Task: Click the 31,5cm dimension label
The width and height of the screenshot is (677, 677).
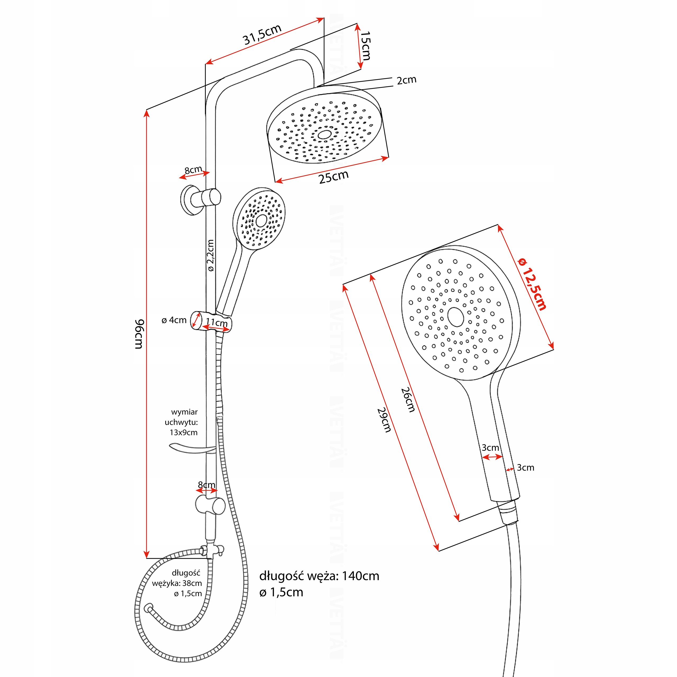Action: (262, 34)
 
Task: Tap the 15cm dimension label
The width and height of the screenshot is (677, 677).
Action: (365, 45)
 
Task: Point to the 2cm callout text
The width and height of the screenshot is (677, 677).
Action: (406, 80)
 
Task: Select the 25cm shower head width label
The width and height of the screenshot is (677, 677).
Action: (333, 177)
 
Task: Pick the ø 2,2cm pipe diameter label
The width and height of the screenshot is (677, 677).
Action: (210, 255)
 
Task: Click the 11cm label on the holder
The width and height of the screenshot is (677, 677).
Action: (217, 322)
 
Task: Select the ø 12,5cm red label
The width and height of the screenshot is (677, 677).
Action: (532, 284)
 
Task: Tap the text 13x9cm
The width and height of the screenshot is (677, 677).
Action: (184, 432)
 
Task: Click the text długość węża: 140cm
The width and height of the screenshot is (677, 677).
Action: (319, 576)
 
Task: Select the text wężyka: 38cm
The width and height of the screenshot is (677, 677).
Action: (177, 583)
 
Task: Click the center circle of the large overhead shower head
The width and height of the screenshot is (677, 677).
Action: (324, 135)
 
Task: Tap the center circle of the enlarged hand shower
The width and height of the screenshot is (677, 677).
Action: (456, 317)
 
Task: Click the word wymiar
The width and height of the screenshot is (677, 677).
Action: (184, 412)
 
